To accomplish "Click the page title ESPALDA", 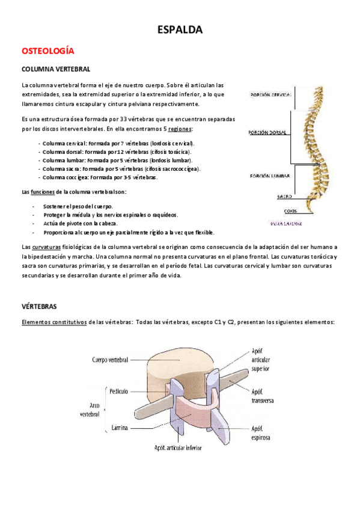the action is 180,29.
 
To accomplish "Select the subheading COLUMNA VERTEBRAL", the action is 56,70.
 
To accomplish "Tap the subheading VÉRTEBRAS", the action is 39,306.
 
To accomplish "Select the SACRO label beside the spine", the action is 284,196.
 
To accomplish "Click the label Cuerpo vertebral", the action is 111,360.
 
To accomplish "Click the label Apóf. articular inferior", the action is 178,448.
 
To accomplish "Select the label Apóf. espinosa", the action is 260,433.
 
